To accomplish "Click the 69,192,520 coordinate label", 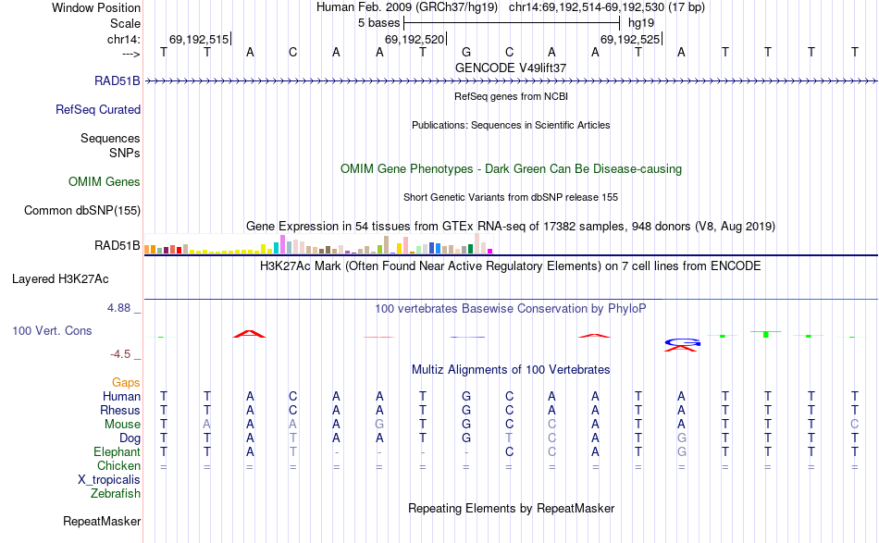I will click(x=415, y=39).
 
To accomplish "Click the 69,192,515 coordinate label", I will click(x=198, y=39).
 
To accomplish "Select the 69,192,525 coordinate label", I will click(x=630, y=39).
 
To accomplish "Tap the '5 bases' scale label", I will click(x=378, y=22).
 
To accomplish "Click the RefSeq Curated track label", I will click(x=98, y=109).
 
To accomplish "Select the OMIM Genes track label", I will click(x=105, y=181).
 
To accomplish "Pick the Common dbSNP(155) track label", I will click(x=82, y=210).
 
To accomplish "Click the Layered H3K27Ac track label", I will click(x=60, y=278).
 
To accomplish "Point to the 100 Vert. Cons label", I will click(x=52, y=330).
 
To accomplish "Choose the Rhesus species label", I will click(x=120, y=410).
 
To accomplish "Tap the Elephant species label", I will click(x=117, y=451).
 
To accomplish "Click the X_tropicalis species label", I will click(x=109, y=479).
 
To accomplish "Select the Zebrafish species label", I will click(x=116, y=493).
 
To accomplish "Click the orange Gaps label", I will click(x=126, y=382).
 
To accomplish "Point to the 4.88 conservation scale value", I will click(x=124, y=307).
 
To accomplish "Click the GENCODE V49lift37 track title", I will click(x=511, y=68).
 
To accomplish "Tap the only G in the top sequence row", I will click(x=466, y=52).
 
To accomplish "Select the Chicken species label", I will click(x=118, y=465).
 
